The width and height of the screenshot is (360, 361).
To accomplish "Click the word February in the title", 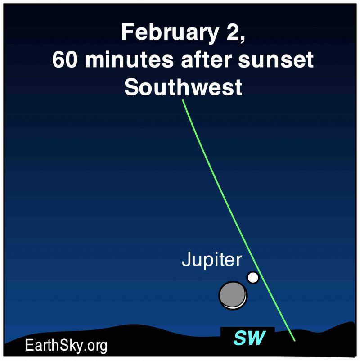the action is (169, 33).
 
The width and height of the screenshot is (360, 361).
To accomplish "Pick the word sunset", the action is (276, 59).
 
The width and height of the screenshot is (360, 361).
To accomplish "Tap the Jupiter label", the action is (212, 260).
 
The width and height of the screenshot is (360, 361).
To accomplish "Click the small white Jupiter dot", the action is (253, 277).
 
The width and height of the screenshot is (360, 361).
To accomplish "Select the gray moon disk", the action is (233, 295).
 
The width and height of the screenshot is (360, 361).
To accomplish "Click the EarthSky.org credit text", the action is (66, 345).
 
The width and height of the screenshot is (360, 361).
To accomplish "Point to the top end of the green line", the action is (183, 100).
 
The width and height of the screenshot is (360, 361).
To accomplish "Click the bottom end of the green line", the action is (294, 341).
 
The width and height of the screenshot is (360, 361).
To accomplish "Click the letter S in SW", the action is (240, 338).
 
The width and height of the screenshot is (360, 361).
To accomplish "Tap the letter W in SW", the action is (256, 338).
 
